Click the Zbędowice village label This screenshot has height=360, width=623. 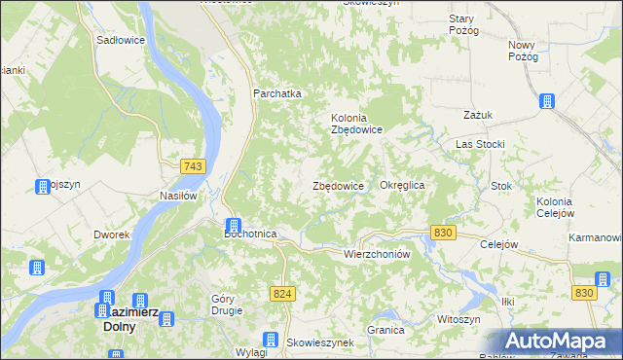[338, 186]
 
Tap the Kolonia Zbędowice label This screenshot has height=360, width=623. [355, 124]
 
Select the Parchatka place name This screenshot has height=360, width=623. [277, 93]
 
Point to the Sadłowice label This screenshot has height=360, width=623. [121, 41]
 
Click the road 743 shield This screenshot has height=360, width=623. [192, 167]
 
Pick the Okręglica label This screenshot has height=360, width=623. [403, 185]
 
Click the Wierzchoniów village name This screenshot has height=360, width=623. [373, 253]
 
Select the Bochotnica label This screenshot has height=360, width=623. [251, 234]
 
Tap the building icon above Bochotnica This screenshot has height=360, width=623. [235, 226]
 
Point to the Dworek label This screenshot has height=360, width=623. [112, 234]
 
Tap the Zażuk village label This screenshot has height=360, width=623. [478, 115]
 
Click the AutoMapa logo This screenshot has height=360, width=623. [558, 342]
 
